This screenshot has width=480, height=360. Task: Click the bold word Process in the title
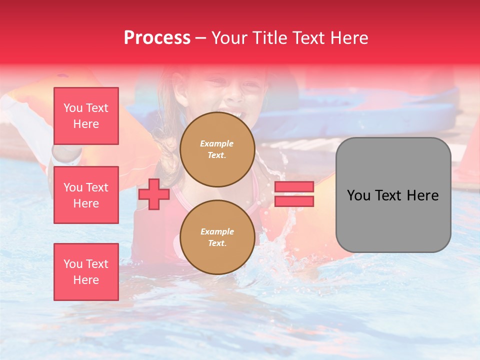point(157,38)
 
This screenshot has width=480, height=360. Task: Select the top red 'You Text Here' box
point(86,116)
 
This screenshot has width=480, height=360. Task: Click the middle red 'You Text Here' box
point(86,195)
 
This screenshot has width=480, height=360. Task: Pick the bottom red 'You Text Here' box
point(86,272)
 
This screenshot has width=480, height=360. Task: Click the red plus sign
point(153,194)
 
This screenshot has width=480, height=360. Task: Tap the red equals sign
point(294,194)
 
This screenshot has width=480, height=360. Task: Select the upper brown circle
point(217,149)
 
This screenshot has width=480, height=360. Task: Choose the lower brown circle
point(217,237)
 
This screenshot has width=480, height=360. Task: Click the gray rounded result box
point(393,195)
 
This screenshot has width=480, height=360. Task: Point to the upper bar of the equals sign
point(294,186)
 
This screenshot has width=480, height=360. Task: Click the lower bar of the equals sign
point(294,201)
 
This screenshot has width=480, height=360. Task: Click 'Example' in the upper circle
point(217,143)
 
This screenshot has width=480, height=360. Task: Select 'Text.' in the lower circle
point(217,243)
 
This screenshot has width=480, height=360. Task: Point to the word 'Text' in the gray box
point(392,195)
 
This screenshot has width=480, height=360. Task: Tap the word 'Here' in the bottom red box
point(86,280)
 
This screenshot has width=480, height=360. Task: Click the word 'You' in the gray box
point(358,195)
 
